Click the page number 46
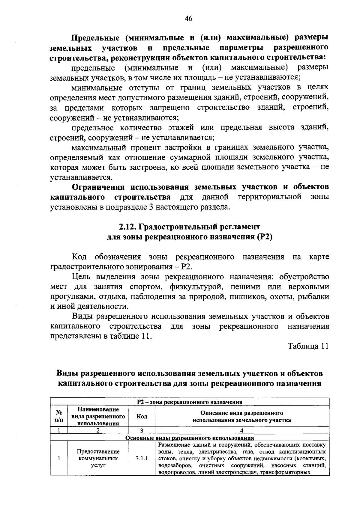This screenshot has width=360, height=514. point(188,19)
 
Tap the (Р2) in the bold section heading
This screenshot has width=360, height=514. point(265,237)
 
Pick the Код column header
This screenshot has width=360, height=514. point(142,416)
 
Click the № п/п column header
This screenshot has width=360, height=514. point(59,416)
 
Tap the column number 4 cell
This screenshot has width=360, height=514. point(242,431)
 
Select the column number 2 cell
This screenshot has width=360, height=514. point(98,431)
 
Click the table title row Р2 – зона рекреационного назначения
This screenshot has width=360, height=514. point(190,402)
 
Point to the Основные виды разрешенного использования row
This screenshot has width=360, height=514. point(190,438)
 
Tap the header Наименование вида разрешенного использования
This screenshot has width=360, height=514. point(98,416)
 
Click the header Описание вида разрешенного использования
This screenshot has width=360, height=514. point(242,416)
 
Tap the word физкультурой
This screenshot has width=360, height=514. point(196,287)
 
